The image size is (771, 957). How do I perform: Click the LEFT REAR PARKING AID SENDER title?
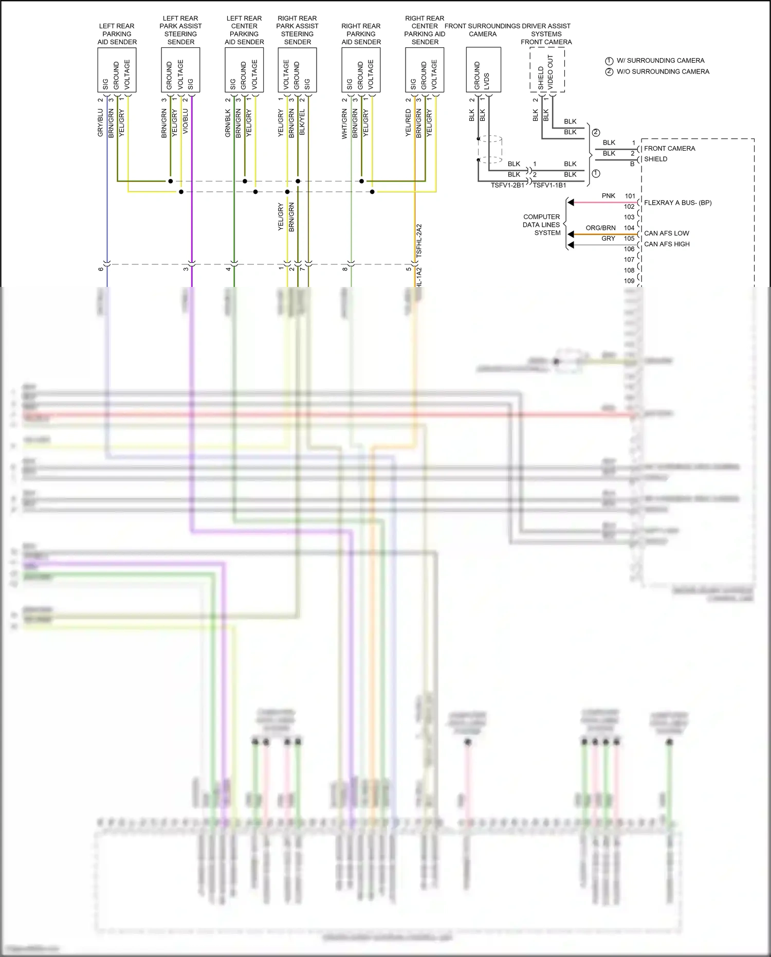click(117, 34)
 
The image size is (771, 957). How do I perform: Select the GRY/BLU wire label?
click(100, 122)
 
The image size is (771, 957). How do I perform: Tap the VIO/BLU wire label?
click(186, 121)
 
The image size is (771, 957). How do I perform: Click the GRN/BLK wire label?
click(228, 122)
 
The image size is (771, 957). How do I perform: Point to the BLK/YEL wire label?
click(302, 122)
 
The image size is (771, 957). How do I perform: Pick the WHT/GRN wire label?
click(344, 123)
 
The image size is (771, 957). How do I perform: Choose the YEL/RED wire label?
click(408, 122)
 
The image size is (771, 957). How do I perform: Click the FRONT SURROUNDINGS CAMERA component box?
click(483, 70)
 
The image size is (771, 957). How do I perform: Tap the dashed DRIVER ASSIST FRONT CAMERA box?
click(547, 70)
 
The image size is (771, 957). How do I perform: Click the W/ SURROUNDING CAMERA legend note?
click(660, 61)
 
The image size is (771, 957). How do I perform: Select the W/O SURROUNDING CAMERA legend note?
click(663, 71)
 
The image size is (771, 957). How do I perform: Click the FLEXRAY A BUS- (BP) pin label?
click(677, 203)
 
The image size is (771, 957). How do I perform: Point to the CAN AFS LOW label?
click(666, 233)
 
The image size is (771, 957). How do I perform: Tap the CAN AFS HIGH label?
click(667, 244)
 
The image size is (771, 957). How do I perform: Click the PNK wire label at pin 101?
click(608, 196)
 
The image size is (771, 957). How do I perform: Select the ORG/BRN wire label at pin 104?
click(600, 228)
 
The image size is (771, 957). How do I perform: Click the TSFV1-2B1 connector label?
click(507, 185)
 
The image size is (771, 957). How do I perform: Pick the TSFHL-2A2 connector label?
click(419, 241)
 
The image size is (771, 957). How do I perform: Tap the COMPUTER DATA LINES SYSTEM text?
click(541, 225)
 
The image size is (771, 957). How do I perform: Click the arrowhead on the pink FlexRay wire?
click(571, 203)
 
